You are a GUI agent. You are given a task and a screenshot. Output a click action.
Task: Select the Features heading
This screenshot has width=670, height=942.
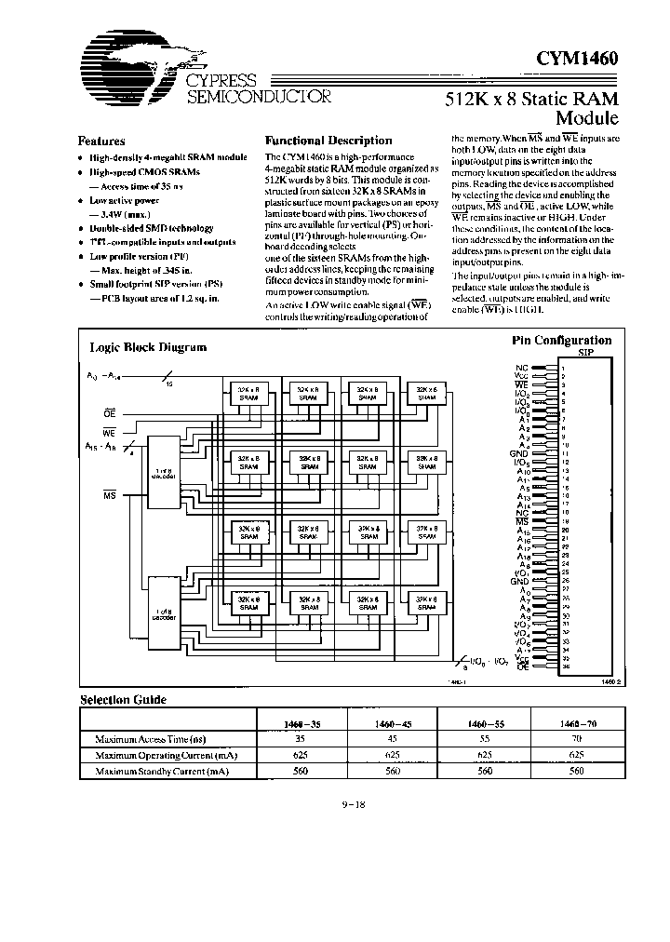(x=101, y=141)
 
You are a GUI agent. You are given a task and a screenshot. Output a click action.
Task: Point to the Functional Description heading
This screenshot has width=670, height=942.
(x=328, y=141)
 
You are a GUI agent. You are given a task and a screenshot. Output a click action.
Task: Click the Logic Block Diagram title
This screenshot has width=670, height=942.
(x=147, y=347)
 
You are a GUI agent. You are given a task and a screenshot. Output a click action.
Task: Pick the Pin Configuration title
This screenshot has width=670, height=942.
(x=561, y=341)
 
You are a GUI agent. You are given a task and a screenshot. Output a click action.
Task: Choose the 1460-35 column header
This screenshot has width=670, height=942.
(x=300, y=722)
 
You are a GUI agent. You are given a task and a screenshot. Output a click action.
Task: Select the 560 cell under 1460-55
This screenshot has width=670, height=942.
(x=483, y=771)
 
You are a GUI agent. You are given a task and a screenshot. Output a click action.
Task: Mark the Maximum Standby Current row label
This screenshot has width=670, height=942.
(x=161, y=771)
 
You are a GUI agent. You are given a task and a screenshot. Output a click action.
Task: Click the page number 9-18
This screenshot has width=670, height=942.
(x=354, y=806)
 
